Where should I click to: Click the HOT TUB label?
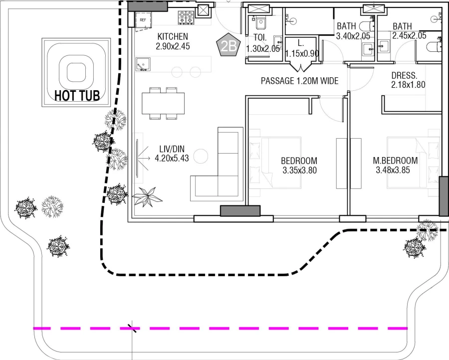(x=77, y=95)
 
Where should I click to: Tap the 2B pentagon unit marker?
(x=229, y=46)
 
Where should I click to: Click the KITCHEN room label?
(x=173, y=36)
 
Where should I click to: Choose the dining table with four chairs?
(x=163, y=104)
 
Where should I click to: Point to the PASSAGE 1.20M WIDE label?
(x=300, y=81)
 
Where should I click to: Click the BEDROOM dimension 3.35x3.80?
(x=299, y=170)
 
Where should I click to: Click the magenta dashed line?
(x=220, y=329)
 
